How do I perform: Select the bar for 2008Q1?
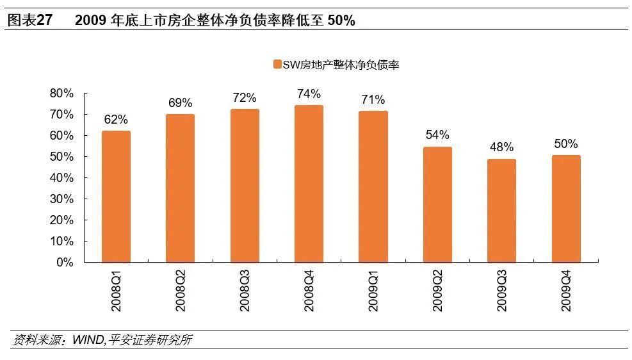click(x=116, y=197)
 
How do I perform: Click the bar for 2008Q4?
click(x=309, y=184)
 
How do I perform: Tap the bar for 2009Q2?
click(x=437, y=205)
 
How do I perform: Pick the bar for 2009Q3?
click(x=501, y=211)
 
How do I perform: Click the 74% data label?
click(x=309, y=94)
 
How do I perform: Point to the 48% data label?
click(x=501, y=147)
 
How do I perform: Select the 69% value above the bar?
click(x=180, y=103)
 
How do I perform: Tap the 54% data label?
click(x=437, y=135)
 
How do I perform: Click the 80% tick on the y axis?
click(x=61, y=94)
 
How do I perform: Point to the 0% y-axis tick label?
click(x=65, y=263)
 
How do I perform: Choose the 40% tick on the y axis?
click(x=61, y=178)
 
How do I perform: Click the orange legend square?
click(x=277, y=64)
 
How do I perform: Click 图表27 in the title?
click(x=29, y=20)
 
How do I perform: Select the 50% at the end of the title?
click(x=341, y=20)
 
